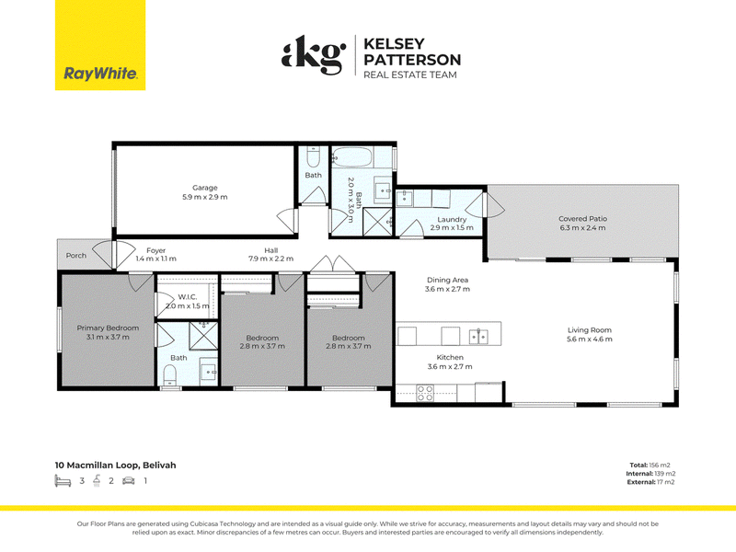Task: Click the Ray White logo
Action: coord(100,45)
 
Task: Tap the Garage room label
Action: coord(204,188)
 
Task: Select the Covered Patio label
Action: coord(582,219)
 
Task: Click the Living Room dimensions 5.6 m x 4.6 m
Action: coord(589,339)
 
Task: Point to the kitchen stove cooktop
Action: coord(425,394)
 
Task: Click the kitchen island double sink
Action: coord(478,337)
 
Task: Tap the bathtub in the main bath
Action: coord(352,157)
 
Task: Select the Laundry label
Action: coord(452,219)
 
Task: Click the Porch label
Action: coord(76,256)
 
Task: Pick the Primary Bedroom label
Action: coord(108,328)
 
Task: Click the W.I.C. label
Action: coord(188,296)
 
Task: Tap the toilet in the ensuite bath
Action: coord(169,375)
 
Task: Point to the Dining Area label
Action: coord(447,280)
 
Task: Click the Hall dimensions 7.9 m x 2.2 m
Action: coord(270,259)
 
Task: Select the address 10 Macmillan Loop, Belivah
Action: coord(116,466)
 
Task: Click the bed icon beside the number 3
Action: coord(63,480)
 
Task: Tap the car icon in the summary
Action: coord(129,480)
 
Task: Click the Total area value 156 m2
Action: coord(660,466)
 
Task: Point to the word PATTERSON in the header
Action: coord(412,60)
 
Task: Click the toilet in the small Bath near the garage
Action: coord(314,156)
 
